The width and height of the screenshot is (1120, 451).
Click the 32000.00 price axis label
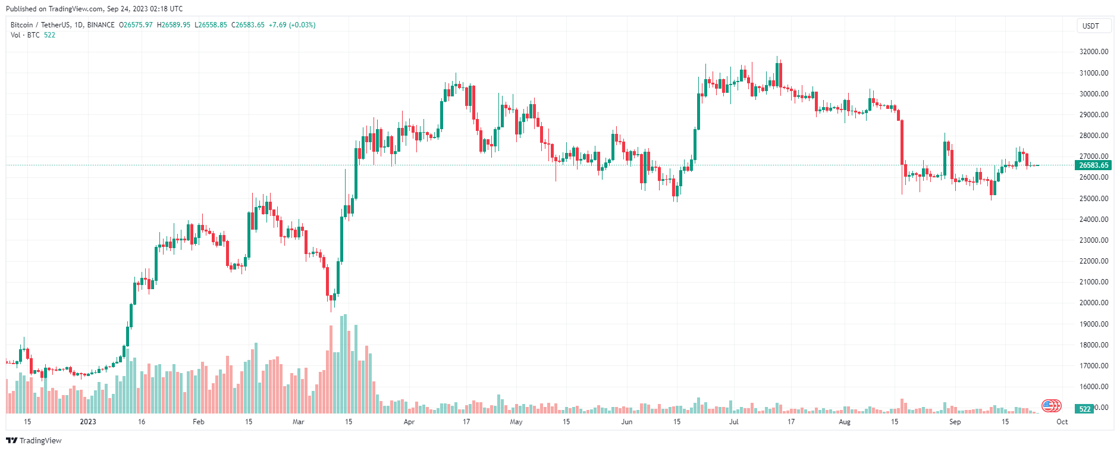[1094, 52]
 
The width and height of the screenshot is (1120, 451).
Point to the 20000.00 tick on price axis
[1094, 303]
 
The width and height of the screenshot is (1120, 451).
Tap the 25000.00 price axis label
[1094, 199]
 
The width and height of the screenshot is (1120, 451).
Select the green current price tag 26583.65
[1093, 165]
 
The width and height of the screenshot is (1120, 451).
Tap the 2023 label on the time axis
[87, 422]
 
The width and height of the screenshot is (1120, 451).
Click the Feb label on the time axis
[199, 422]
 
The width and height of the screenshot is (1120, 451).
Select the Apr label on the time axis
[409, 422]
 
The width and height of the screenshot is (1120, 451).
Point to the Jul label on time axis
[734, 422]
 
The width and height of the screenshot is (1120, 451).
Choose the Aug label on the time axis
[844, 422]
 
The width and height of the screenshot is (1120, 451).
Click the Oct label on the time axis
[1062, 422]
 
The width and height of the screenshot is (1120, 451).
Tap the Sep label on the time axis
[955, 422]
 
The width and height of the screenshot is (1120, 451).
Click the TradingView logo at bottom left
[34, 440]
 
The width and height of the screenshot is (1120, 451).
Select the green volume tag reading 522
[1085, 409]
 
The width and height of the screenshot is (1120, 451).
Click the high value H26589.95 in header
[174, 25]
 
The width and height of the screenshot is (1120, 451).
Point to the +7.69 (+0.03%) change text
[292, 25]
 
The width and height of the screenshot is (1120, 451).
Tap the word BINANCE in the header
[101, 25]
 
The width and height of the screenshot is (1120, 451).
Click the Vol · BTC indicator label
[25, 35]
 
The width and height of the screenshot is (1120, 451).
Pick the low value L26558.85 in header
[212, 25]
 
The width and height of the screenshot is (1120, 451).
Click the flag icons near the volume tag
[1052, 406]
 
